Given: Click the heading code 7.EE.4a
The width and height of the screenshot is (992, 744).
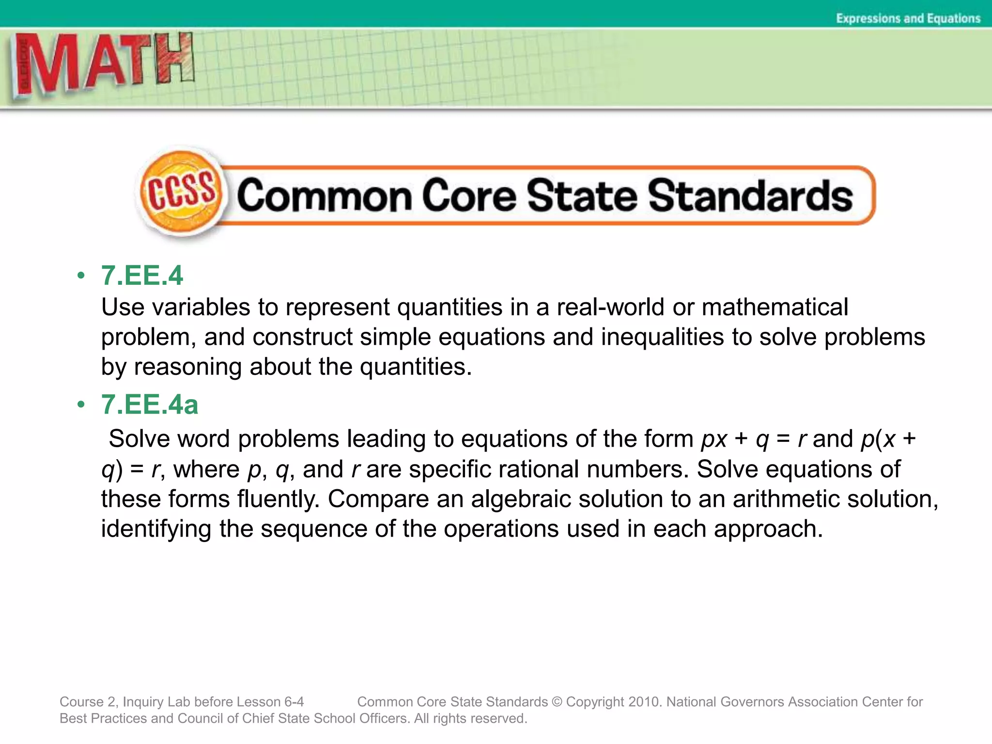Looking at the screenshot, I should [x=149, y=404].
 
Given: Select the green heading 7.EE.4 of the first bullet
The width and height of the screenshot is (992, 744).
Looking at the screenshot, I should [x=141, y=276].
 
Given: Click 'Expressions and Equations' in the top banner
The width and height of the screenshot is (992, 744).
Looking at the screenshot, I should [x=908, y=18].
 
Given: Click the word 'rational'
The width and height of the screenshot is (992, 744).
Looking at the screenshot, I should [x=539, y=469].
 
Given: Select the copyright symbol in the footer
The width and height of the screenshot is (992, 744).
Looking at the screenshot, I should [x=557, y=701].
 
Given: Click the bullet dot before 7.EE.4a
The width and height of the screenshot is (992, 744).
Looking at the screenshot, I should [x=81, y=404].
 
